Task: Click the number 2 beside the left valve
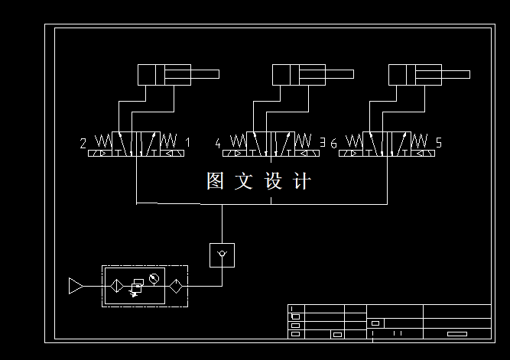pyautogui.click(x=83, y=143)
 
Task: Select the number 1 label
pyautogui.click(x=187, y=143)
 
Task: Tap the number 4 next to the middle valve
pyautogui.click(x=218, y=143)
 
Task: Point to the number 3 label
pyautogui.click(x=322, y=142)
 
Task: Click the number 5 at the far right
pyautogui.click(x=438, y=143)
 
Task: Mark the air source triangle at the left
pyautogui.click(x=76, y=286)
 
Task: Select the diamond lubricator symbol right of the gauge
pyautogui.click(x=175, y=286)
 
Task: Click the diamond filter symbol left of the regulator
pyautogui.click(x=117, y=286)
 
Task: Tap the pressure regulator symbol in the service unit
pyautogui.click(x=138, y=286)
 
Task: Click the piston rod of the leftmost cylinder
pyautogui.click(x=204, y=74)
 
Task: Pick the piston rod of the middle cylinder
pyautogui.click(x=339, y=74)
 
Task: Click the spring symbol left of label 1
pyautogui.click(x=170, y=141)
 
